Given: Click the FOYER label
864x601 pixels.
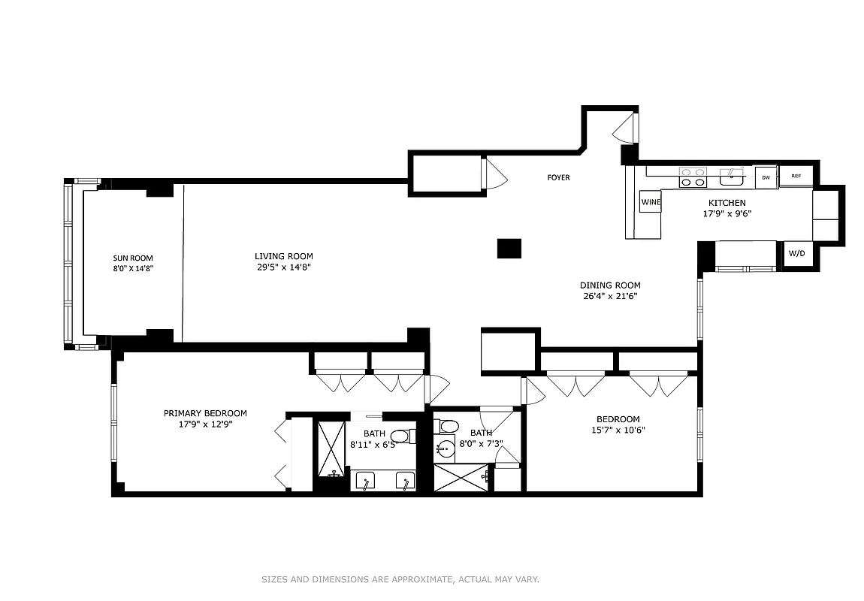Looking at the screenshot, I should point(558,178).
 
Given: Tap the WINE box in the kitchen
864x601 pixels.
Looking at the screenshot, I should point(650,202).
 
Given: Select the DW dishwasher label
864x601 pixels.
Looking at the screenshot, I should point(766,177).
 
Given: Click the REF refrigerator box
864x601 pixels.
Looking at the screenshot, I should point(796,177).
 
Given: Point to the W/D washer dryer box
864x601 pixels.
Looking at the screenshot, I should point(796,254).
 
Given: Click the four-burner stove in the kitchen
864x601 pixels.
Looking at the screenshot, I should point(693,177).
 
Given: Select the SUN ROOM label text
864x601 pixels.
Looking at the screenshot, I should point(133,258).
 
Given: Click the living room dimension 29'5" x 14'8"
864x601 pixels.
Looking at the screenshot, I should point(283,267).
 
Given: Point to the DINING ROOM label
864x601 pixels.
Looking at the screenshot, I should point(610,285).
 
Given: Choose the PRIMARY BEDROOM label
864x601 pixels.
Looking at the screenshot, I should point(205,413).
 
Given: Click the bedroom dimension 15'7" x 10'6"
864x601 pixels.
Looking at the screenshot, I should point(618,430).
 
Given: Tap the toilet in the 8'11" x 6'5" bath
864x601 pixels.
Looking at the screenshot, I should point(401,436).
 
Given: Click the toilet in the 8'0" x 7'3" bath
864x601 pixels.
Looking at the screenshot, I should point(449,427).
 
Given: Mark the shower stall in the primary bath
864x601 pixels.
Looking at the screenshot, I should point(331,448).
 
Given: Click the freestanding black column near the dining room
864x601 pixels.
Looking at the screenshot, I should point(509,249).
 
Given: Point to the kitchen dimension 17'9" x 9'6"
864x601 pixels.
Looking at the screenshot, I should point(727,213).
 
